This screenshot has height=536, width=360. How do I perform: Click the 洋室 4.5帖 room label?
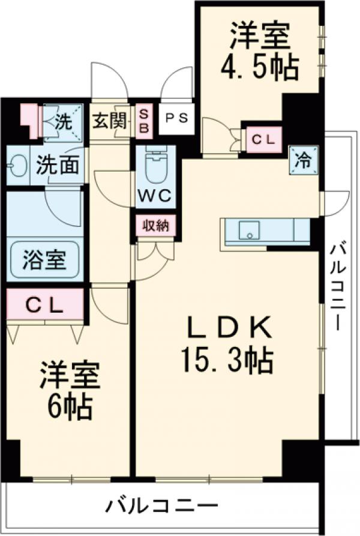[259, 53]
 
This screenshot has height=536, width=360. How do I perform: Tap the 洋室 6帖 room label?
[67, 391]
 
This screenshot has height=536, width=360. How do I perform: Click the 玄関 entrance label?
[109, 121]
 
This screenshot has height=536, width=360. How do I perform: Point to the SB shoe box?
[145, 121]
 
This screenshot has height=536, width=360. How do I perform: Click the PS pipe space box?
[176, 118]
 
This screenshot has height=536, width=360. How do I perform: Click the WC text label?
[155, 195]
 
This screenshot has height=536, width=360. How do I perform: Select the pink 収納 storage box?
[155, 226]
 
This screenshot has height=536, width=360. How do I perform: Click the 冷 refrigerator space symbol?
[304, 160]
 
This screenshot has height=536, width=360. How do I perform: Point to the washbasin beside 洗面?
[17, 164]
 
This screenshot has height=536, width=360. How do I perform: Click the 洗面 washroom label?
[57, 165]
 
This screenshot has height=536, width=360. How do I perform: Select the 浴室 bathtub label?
[43, 262]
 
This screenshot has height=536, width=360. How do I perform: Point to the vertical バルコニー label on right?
[337, 285]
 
